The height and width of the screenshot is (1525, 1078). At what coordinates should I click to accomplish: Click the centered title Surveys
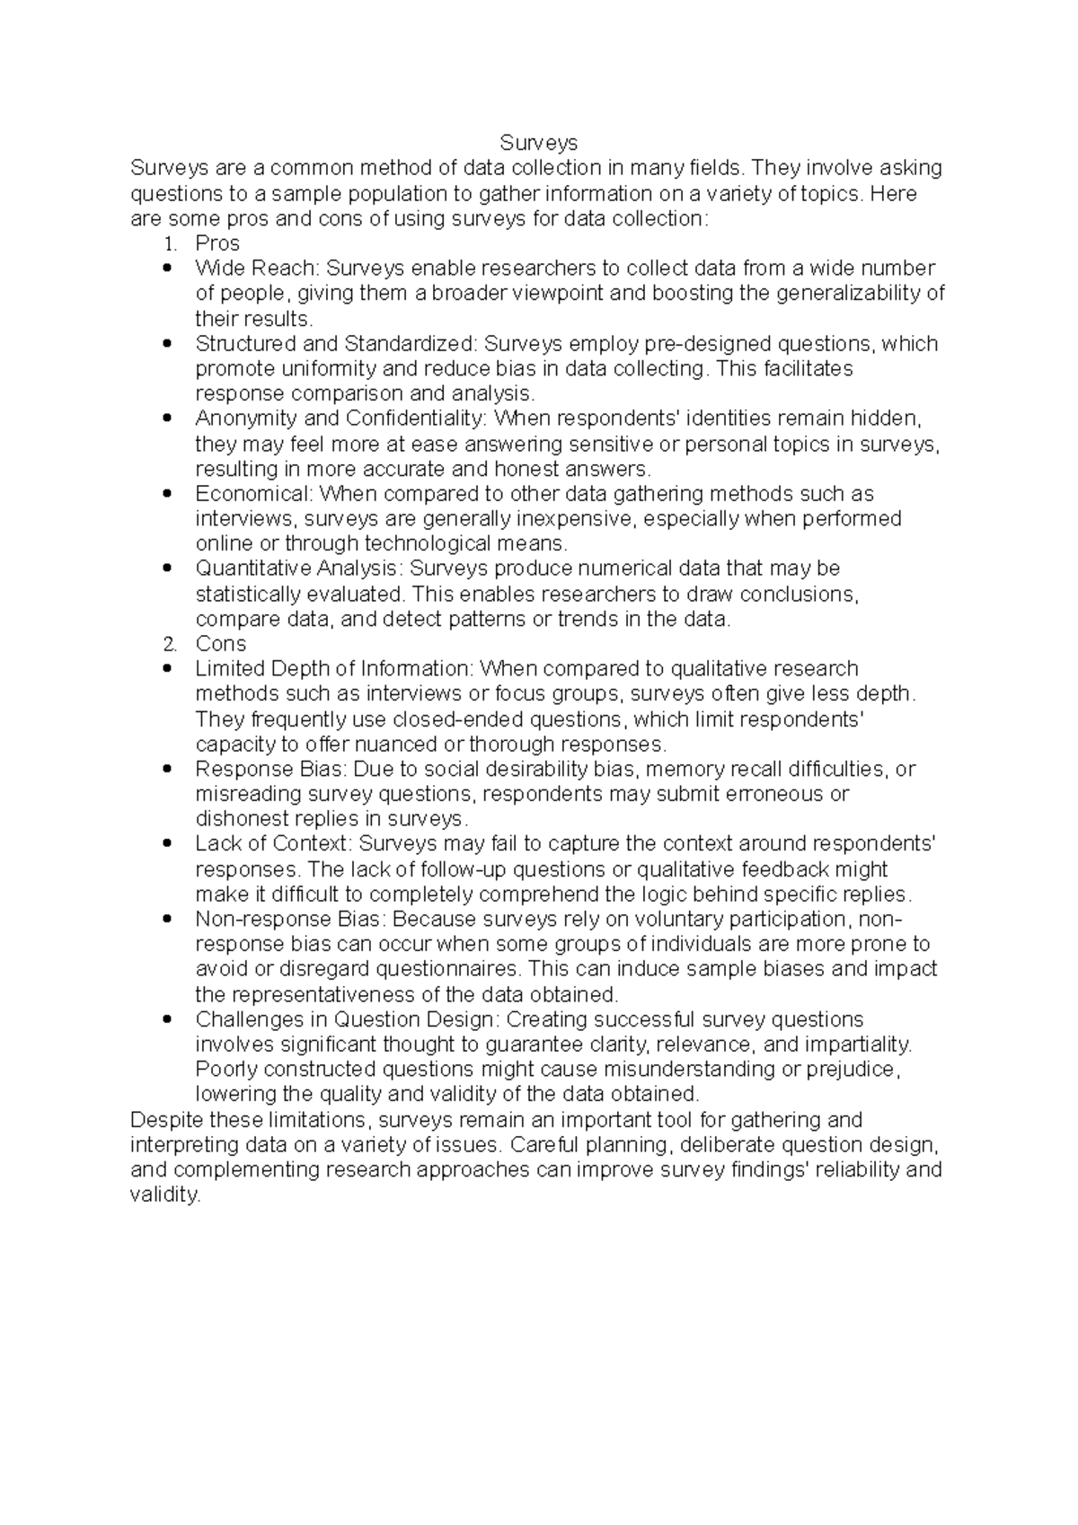coord(538,143)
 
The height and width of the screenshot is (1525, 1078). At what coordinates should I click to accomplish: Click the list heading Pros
coord(217,243)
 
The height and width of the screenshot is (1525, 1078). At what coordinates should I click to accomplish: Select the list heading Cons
coord(220,644)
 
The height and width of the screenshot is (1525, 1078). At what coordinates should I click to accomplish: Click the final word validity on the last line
coord(164,1195)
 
